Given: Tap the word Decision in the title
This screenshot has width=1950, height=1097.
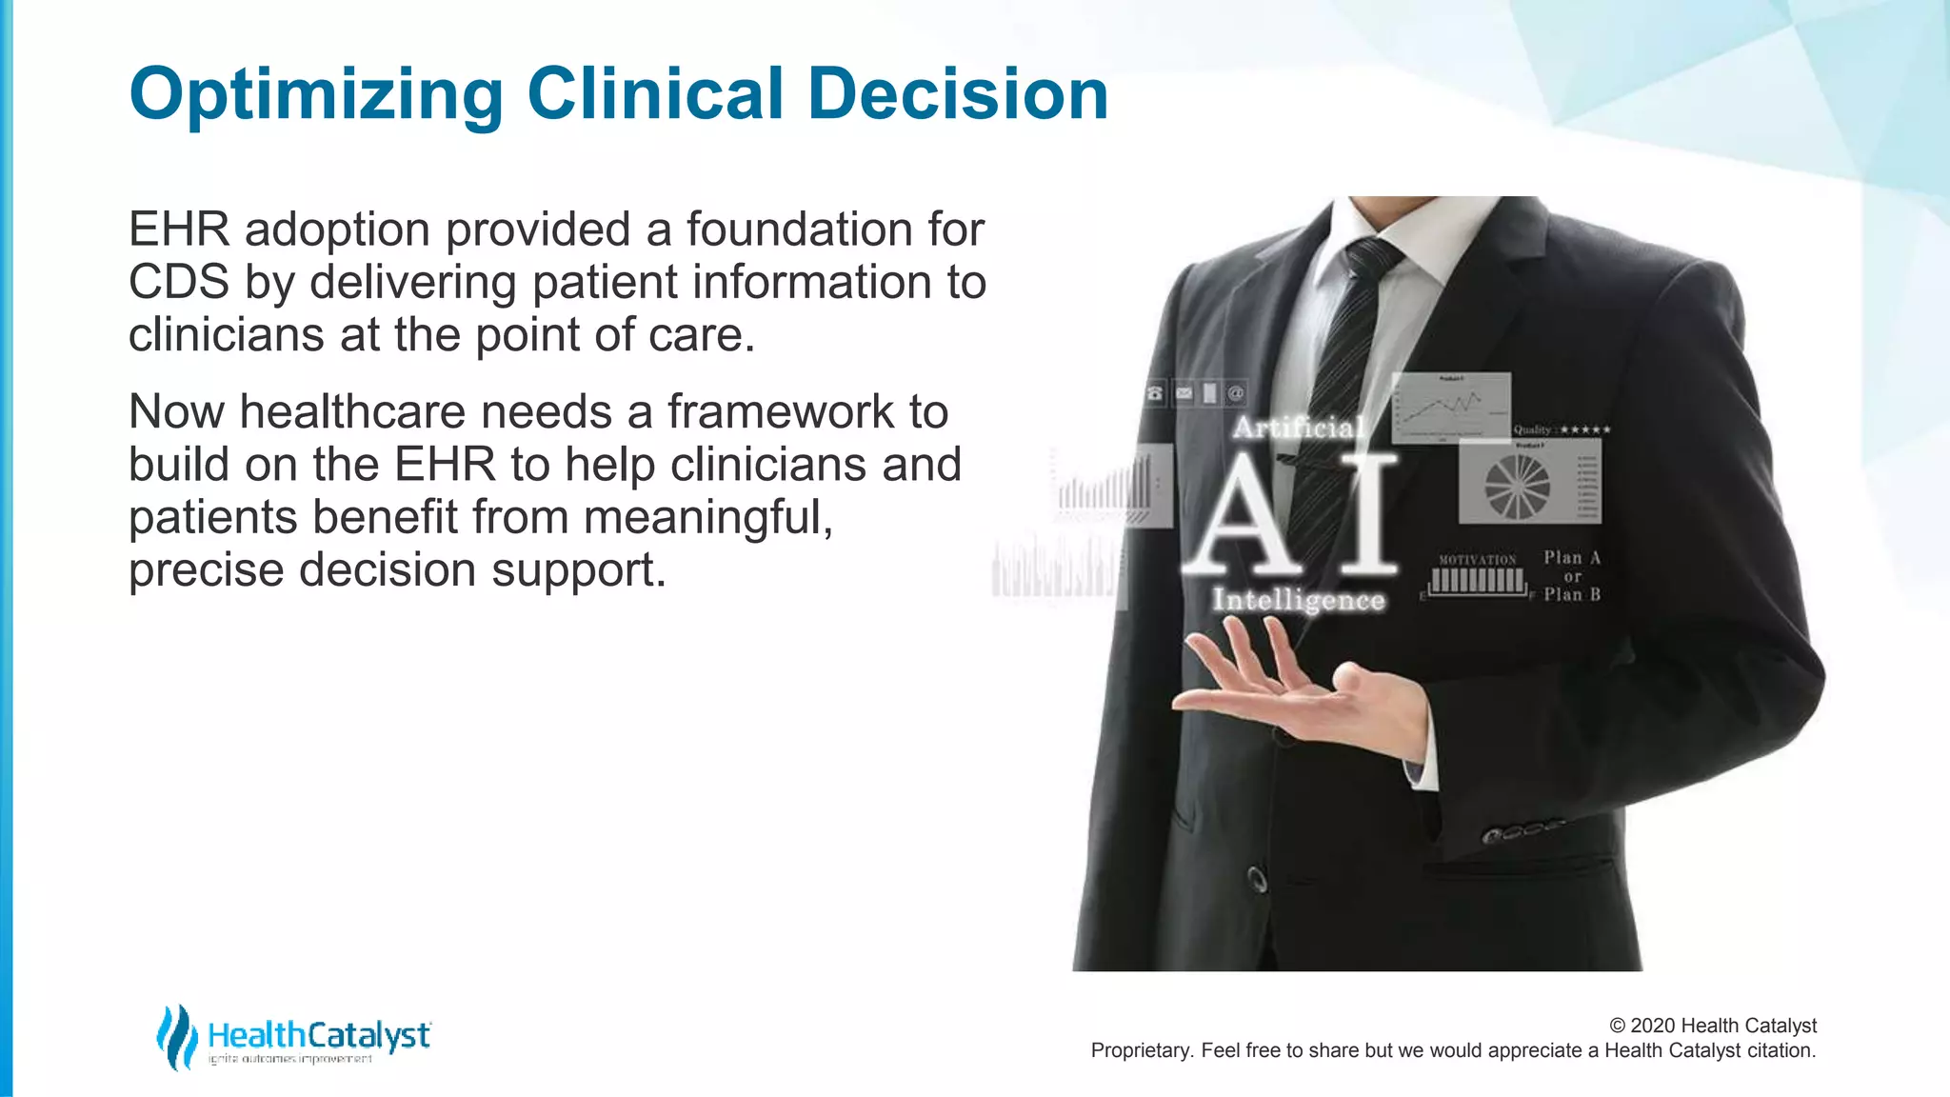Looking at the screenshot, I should tap(958, 95).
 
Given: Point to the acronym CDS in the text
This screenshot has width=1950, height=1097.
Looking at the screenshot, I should tap(179, 283).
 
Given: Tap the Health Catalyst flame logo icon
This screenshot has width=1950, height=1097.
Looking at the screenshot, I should tap(176, 1036).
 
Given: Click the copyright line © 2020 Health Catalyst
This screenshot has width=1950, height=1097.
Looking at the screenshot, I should tap(1712, 1026).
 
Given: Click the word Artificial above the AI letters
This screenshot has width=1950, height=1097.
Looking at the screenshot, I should tap(1299, 428).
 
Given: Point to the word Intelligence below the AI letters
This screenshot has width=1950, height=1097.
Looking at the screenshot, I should tap(1298, 600).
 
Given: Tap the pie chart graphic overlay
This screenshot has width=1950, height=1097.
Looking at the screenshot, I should tap(1517, 486).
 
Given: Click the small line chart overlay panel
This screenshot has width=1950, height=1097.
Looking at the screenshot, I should tap(1450, 408).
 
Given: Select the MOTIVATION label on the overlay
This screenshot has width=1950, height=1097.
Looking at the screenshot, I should tap(1477, 560).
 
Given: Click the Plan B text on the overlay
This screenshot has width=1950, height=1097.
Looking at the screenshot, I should tap(1572, 595).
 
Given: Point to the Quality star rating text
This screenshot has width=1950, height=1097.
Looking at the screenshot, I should tap(1562, 429).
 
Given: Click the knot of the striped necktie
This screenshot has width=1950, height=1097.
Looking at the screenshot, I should tap(1371, 255).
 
